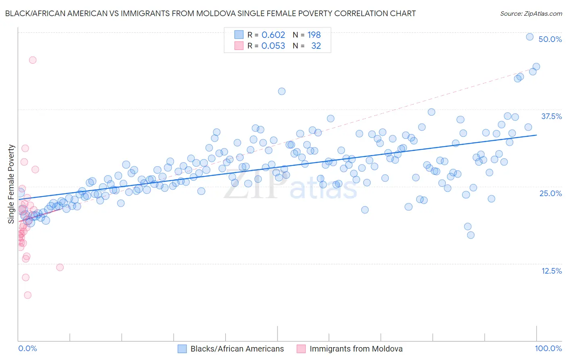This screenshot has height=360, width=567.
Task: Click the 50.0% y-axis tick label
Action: [x=550, y=40]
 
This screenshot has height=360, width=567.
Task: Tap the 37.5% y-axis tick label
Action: [x=551, y=117]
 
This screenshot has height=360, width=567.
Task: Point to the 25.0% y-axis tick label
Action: [x=550, y=194]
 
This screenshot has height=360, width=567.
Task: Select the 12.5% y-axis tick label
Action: [x=551, y=271]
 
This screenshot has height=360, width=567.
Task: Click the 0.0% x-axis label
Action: [x=27, y=349]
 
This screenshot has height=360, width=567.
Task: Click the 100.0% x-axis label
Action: [x=548, y=349]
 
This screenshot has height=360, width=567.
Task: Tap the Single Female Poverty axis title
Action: [x=11, y=184]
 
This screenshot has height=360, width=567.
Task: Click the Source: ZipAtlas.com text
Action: [x=531, y=14]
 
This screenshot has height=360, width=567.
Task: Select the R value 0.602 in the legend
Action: [x=273, y=35]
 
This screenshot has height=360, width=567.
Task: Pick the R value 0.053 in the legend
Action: [x=273, y=46]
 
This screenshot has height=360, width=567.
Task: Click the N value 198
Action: [x=314, y=35]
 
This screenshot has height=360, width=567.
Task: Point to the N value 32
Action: [x=316, y=46]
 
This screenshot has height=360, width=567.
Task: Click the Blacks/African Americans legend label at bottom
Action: [x=237, y=349]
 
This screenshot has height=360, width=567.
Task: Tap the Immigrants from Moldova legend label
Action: [x=356, y=349]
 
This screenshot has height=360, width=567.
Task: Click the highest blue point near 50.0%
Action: [x=530, y=37]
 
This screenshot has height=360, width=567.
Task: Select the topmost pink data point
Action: [x=33, y=60]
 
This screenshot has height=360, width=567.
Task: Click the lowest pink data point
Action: [x=27, y=295]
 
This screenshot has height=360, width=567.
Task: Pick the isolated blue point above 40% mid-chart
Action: [x=281, y=91]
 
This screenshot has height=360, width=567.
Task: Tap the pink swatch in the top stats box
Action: [x=239, y=46]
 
